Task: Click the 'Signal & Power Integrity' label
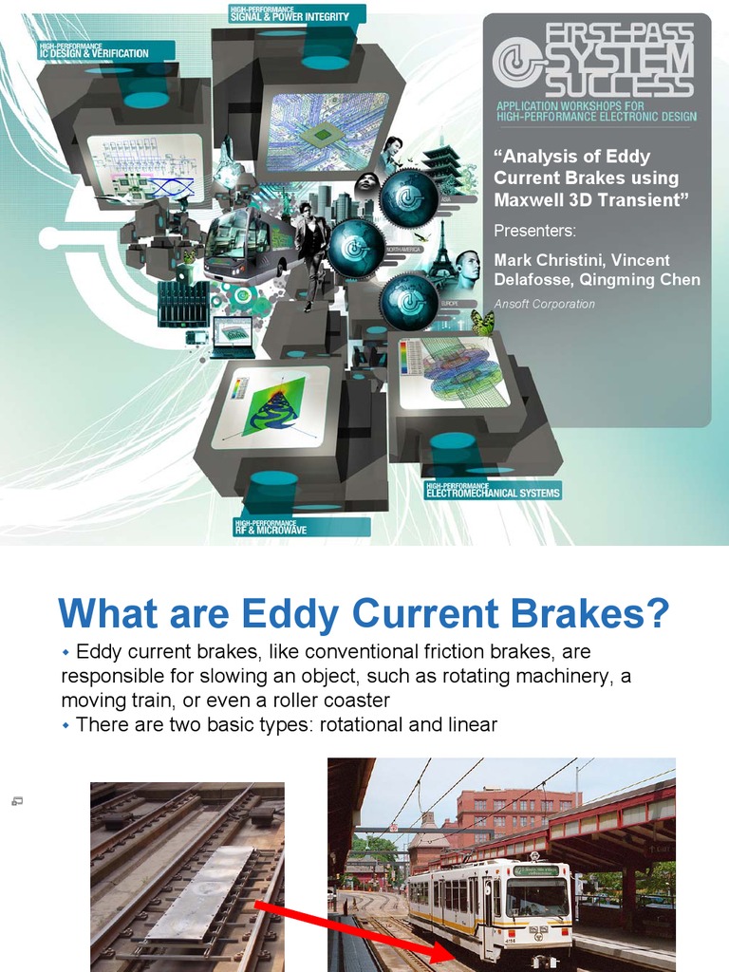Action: pyautogui.click(x=290, y=14)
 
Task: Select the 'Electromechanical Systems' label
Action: pyautogui.click(x=493, y=491)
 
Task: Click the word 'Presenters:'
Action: pyautogui.click(x=535, y=231)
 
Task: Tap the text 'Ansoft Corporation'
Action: pyautogui.click(x=545, y=304)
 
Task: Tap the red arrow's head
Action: pyautogui.click(x=448, y=952)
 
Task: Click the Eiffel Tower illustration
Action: pyautogui.click(x=440, y=252)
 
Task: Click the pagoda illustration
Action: pyautogui.click(x=442, y=166)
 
